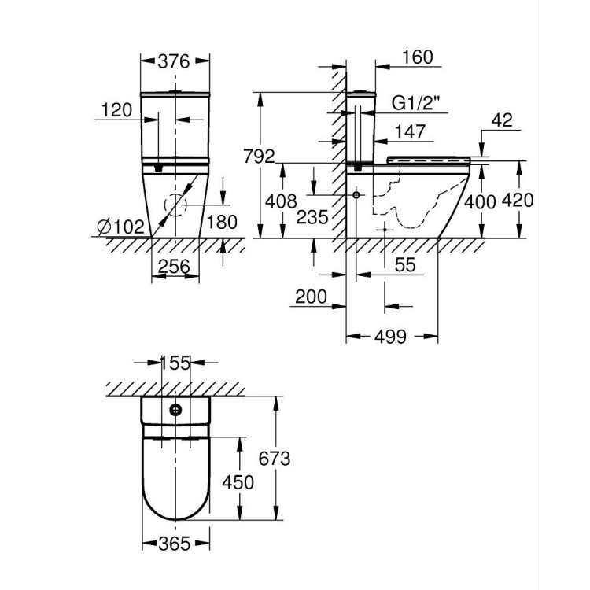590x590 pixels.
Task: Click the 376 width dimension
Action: (175, 61)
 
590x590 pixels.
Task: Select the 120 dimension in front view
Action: (116, 111)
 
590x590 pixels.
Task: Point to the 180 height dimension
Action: (221, 223)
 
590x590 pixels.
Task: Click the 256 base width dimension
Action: (174, 267)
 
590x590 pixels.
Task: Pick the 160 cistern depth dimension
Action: (416, 58)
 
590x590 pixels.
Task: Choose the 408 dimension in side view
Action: (281, 202)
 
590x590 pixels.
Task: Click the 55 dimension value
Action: (404, 266)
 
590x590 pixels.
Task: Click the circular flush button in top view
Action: (175, 408)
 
